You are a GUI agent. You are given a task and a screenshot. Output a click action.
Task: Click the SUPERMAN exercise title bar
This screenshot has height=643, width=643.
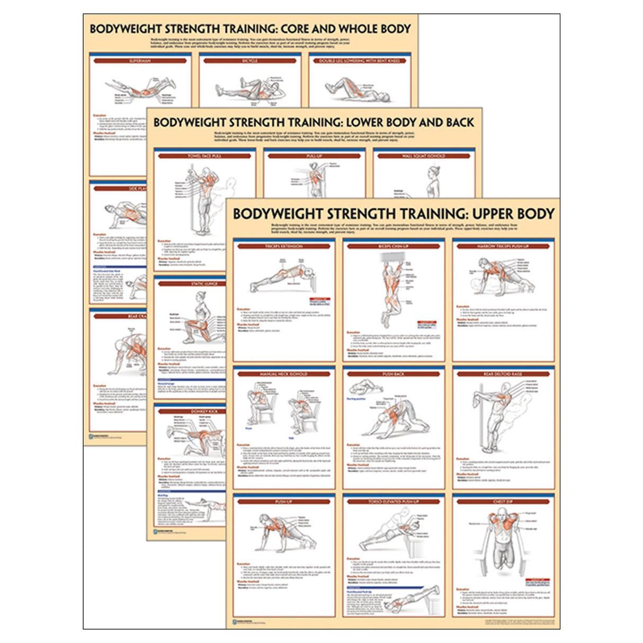140,61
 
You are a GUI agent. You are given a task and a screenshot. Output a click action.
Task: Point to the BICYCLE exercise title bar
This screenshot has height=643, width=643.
250,61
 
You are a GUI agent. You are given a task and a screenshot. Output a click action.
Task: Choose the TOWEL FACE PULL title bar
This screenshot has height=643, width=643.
204,156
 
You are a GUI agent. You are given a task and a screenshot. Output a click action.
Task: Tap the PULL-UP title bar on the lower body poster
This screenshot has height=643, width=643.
314,156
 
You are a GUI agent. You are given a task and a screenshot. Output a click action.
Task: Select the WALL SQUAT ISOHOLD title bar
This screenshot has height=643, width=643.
424,156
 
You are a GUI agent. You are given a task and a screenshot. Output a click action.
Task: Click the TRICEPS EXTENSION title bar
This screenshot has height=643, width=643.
284,246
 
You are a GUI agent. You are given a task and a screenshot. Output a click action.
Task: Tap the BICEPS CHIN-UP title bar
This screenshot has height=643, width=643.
394,246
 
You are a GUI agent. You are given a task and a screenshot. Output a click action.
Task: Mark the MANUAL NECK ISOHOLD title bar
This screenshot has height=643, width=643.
284,374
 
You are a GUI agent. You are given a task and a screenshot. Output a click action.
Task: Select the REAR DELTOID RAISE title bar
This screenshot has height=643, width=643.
503,374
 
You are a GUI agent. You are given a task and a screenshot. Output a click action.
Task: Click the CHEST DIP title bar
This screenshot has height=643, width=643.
503,502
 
